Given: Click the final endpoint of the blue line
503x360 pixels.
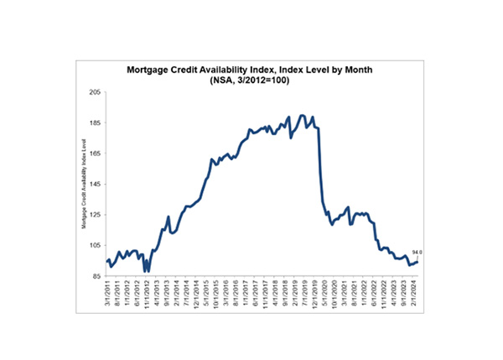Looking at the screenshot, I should (417, 261).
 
